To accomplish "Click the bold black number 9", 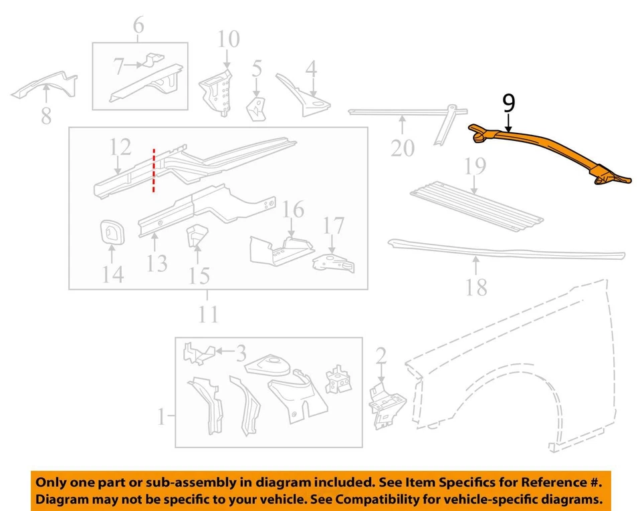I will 509,104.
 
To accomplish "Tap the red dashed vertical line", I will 154,171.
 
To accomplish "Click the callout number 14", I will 112,273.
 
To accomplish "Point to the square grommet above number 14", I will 110,232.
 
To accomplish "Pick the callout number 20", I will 403,147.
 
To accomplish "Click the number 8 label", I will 45,116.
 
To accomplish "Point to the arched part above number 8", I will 44,86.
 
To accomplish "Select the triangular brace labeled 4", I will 304,97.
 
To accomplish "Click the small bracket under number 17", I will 333,264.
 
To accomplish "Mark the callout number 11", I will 209,314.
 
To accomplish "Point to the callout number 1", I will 160,419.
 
